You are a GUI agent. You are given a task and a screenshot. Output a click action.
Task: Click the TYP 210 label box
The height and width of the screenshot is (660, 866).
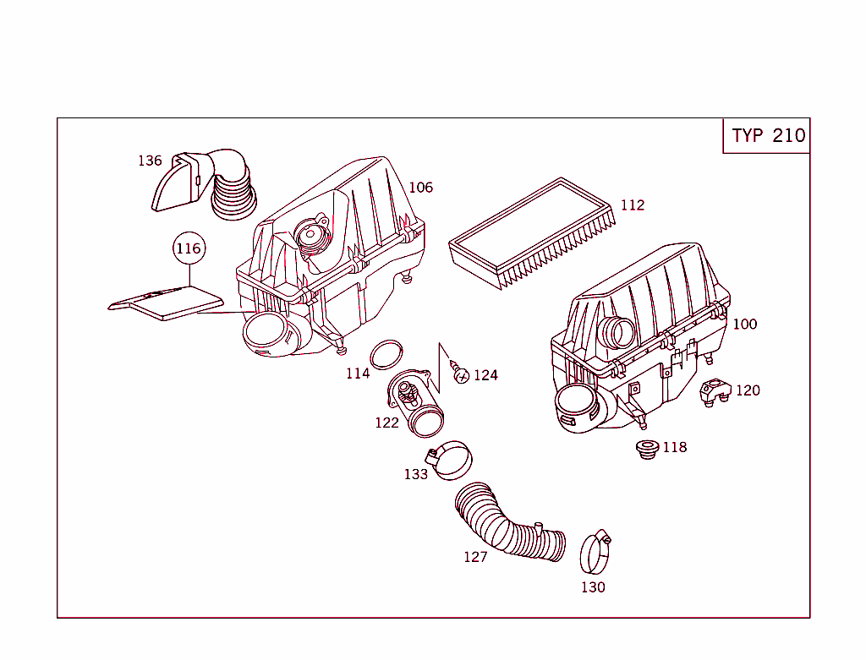767,136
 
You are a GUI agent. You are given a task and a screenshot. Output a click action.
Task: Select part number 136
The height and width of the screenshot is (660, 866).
150,161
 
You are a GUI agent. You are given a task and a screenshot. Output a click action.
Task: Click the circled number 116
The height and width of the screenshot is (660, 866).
189,248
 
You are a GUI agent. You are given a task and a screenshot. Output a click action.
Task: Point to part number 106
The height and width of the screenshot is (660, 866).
420,188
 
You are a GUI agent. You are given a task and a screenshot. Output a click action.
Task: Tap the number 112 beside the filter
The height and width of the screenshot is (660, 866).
632,205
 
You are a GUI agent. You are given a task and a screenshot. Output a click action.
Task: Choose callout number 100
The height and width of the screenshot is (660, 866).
744,325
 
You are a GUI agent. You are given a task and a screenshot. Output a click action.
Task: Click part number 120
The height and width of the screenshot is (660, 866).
748,390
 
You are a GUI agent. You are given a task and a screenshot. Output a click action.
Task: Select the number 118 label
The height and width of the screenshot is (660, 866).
674,448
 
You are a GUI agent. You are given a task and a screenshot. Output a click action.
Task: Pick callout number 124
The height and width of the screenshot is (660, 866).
485,375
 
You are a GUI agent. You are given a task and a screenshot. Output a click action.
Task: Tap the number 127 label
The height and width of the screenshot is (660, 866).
475,558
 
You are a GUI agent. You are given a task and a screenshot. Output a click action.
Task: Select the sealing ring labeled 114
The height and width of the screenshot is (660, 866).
386,353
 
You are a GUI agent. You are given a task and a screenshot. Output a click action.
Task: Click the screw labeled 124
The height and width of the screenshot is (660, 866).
459,372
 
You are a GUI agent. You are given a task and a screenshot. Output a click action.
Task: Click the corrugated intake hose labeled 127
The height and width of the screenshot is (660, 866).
507,527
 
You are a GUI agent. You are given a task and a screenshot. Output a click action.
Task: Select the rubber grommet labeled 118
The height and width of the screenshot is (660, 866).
647,450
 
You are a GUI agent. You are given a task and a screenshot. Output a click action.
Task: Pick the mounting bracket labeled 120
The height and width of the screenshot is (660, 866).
715,390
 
